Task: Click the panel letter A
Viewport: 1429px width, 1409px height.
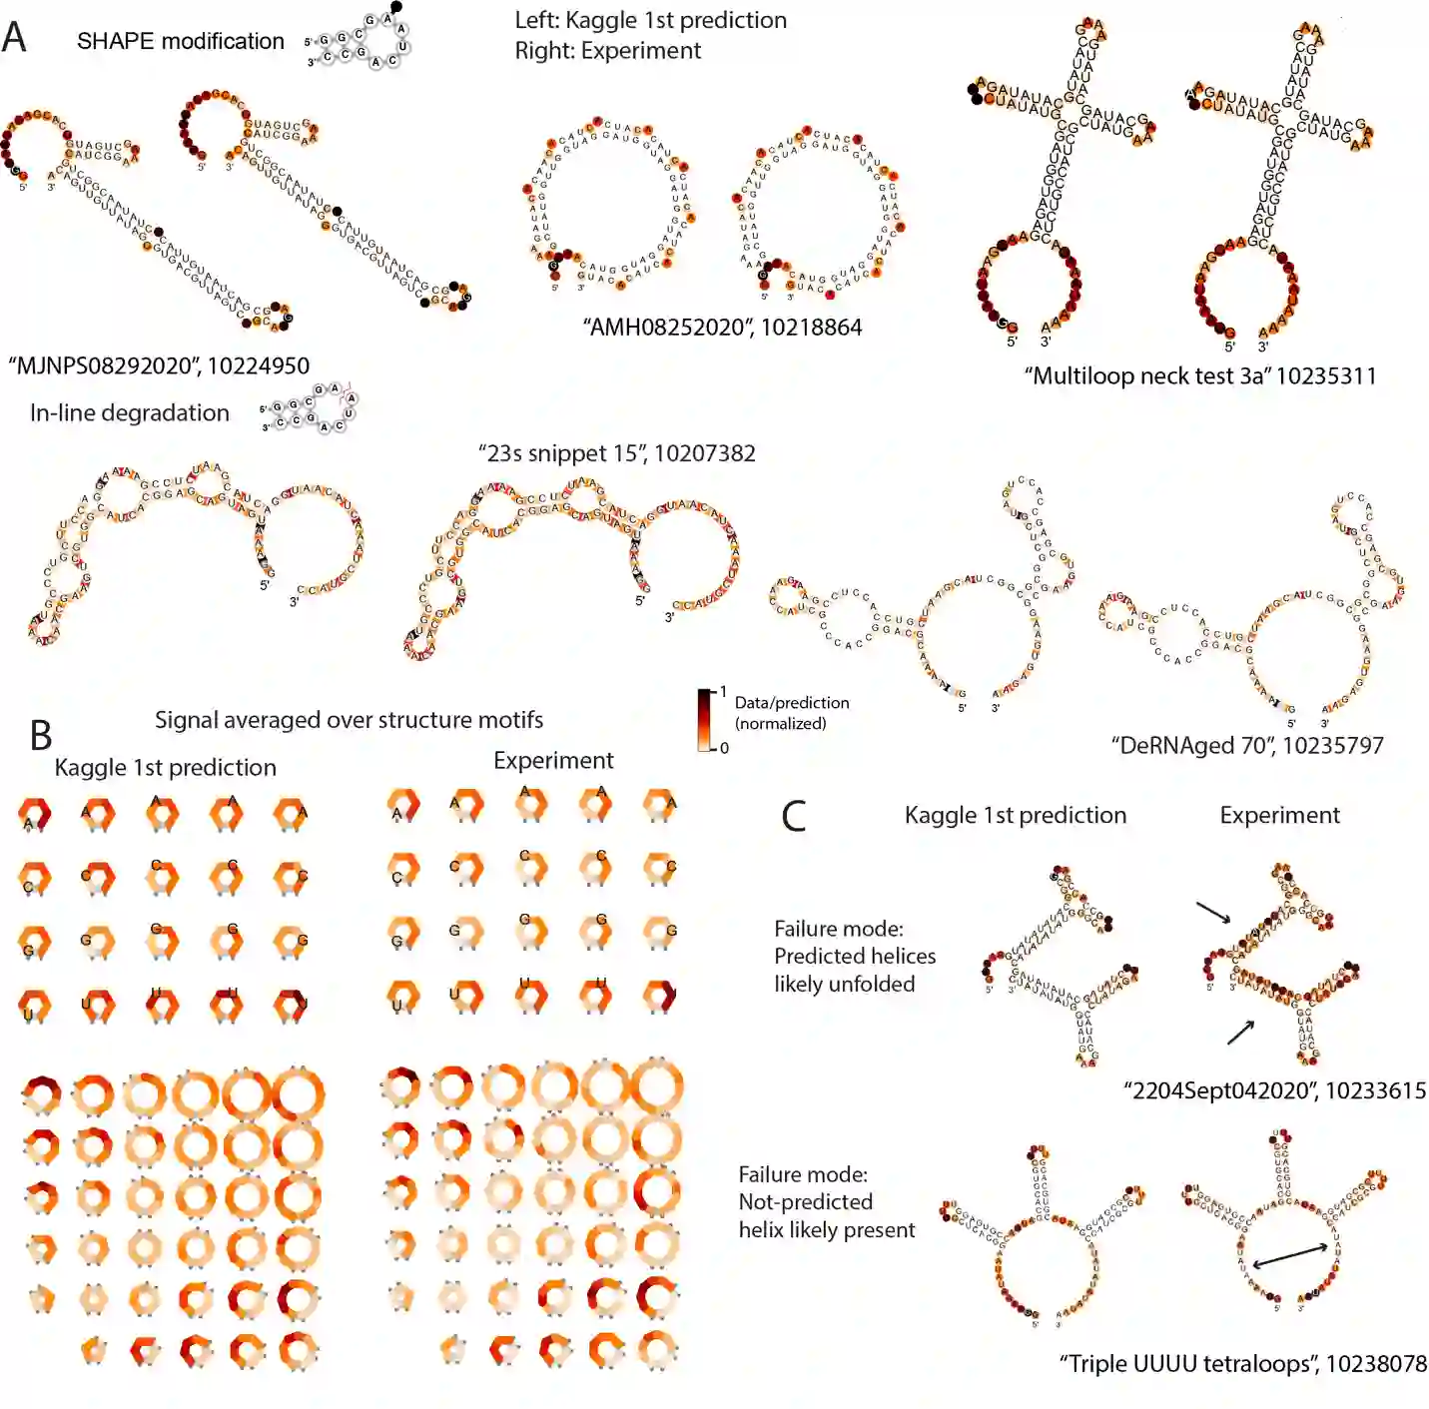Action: (x=14, y=37)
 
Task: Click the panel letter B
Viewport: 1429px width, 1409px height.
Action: (x=40, y=735)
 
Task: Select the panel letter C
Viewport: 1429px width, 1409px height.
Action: (x=794, y=816)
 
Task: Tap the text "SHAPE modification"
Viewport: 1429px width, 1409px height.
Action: (x=181, y=41)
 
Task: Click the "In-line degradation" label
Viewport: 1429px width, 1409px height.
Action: (x=130, y=412)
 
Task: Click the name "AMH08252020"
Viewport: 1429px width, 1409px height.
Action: (x=659, y=328)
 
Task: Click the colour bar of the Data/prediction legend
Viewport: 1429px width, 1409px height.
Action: (x=706, y=720)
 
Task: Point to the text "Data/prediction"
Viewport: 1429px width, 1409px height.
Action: (x=792, y=703)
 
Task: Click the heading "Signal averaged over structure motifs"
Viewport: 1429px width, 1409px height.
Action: (x=349, y=720)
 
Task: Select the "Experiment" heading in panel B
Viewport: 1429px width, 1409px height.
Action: (x=553, y=761)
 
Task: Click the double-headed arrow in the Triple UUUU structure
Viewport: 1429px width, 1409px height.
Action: (x=1290, y=1255)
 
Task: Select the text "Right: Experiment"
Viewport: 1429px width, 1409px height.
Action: (x=607, y=50)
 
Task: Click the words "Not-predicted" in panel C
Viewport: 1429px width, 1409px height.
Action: (x=805, y=1202)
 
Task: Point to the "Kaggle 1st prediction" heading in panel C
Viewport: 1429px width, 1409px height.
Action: (x=1015, y=815)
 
